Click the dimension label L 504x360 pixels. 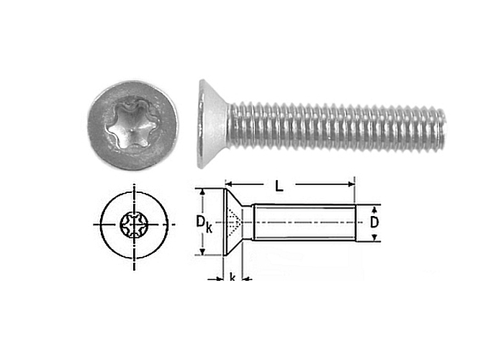pyautogui.click(x=279, y=186)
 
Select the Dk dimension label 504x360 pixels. pyautogui.click(x=204, y=223)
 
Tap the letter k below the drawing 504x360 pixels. pyautogui.click(x=232, y=276)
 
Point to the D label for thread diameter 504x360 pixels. pyautogui.click(x=374, y=222)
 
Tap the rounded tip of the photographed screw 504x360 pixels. pyautogui.click(x=443, y=126)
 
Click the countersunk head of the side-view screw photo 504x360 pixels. pyautogui.click(x=213, y=124)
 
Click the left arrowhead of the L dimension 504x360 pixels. pyautogui.click(x=228, y=184)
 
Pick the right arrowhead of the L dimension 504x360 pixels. pyautogui.click(x=351, y=184)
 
